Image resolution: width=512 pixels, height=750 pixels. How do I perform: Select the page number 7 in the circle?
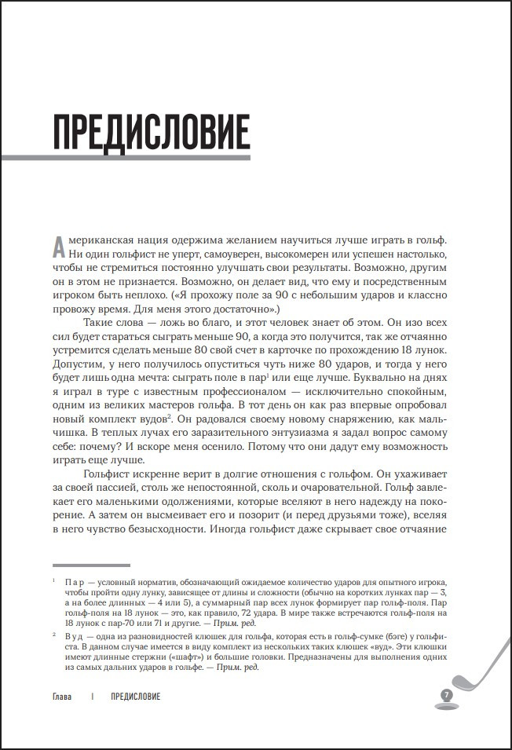tap(446, 696)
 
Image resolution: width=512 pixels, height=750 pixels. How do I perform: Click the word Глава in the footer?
tap(63, 697)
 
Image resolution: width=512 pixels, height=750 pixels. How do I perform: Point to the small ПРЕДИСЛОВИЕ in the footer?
tap(136, 697)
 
